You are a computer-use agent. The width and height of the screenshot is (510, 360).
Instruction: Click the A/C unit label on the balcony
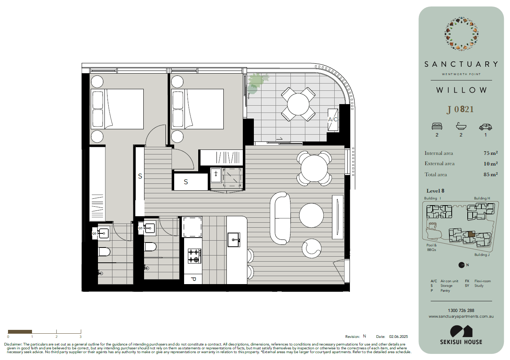[x=332, y=119]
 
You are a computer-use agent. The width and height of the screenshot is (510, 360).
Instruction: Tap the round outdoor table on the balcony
[x=298, y=104]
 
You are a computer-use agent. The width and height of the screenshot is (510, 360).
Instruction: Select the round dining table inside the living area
[x=314, y=169]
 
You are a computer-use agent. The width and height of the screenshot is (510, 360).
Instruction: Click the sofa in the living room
[x=280, y=218]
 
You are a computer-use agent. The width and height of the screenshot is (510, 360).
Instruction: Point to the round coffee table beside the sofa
[x=311, y=215]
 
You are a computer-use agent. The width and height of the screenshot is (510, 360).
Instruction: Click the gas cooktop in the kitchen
[x=194, y=256]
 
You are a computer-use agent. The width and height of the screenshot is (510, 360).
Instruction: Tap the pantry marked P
[x=193, y=279]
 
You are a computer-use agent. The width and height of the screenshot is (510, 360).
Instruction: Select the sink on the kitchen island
[x=234, y=240]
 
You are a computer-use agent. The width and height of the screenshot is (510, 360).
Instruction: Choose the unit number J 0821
[x=460, y=109]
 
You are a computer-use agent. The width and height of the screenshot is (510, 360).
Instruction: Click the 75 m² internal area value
[x=491, y=153]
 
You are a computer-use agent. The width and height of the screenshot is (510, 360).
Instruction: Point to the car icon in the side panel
[x=485, y=127]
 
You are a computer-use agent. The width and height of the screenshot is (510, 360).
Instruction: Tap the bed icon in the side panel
[x=437, y=126]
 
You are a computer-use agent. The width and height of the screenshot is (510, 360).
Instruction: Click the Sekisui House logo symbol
[x=461, y=331]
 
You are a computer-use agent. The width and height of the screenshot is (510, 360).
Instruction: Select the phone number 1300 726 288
[x=461, y=310]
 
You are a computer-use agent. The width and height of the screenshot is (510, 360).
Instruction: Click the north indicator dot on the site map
[x=461, y=265]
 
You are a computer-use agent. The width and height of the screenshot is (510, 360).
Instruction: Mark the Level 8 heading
[x=435, y=191]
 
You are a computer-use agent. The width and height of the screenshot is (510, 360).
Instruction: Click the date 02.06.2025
[x=398, y=336]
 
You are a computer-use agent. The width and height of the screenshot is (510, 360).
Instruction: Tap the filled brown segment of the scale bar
[x=20, y=331]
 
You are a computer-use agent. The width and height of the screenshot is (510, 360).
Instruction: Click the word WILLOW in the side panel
[x=461, y=90]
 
